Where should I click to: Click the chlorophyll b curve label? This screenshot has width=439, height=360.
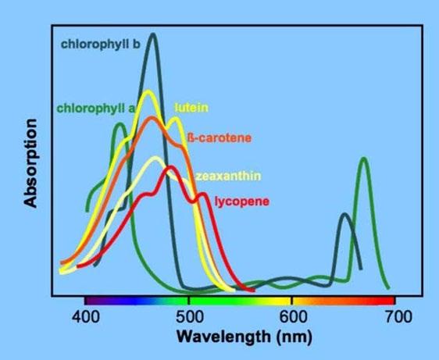[101, 45]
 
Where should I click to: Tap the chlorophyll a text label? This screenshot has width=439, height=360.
[96, 109]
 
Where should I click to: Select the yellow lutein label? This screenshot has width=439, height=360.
[191, 108]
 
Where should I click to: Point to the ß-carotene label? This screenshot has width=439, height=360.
[219, 137]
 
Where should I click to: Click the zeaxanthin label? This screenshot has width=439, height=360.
[228, 176]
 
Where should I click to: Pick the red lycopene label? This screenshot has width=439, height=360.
[242, 201]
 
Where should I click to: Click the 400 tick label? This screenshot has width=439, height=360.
[85, 317]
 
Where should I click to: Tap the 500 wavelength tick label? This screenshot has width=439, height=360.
[190, 317]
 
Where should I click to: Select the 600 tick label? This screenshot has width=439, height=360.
[293, 317]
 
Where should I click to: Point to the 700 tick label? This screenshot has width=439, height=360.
[398, 317]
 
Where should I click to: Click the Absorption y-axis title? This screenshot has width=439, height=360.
[30, 163]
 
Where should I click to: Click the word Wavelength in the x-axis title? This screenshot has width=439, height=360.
[223, 337]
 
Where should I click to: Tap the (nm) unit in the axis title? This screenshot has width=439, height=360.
[294, 337]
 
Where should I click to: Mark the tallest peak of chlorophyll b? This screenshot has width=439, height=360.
[153, 34]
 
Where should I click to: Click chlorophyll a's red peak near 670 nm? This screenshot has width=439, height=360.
[364, 159]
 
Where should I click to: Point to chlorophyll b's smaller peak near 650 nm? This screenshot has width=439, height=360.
[344, 215]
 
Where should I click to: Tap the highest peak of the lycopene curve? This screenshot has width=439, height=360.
[170, 167]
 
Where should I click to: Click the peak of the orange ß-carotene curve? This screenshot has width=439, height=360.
[152, 117]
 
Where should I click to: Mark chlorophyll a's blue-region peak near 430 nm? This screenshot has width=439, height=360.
[120, 123]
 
